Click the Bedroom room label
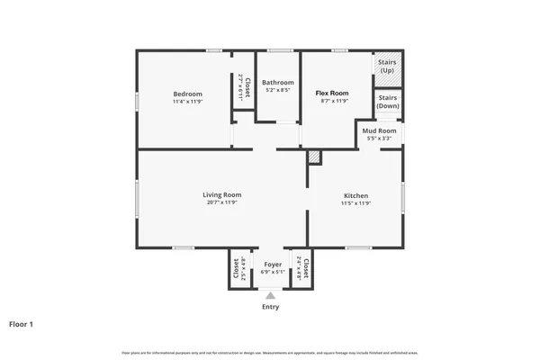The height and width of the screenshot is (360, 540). click(187, 94)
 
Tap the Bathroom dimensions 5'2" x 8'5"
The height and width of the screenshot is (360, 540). click(277, 90)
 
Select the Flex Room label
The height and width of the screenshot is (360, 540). click(331, 93)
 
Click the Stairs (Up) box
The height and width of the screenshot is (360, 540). click(388, 66)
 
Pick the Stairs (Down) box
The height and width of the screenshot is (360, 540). click(388, 102)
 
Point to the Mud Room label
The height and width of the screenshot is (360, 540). click(379, 131)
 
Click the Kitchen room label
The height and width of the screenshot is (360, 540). click(355, 195)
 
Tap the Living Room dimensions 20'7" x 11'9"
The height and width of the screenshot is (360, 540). click(221, 202)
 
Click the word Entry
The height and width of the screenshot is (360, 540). click(270, 307)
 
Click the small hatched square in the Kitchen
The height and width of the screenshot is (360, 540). click(313, 157)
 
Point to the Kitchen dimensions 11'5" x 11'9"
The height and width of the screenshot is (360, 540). click(355, 203)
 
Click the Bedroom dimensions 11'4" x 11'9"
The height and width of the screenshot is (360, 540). click(187, 102)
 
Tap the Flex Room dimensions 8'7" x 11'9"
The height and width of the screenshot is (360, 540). click(331, 101)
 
